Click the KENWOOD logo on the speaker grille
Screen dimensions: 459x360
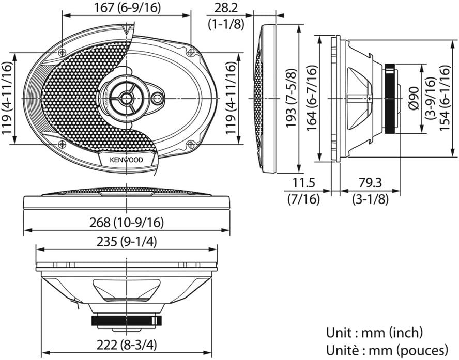pyautogui.click(x=127, y=160)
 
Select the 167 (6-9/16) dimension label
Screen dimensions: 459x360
pyautogui.click(x=127, y=8)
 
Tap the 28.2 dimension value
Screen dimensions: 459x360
pyautogui.click(x=226, y=8)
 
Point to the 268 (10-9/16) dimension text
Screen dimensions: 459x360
pyautogui.click(x=127, y=223)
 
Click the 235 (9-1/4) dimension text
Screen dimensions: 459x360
pyautogui.click(x=127, y=242)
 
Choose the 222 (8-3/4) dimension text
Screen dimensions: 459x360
pyautogui.click(x=127, y=346)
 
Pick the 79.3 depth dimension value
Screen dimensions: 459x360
pyautogui.click(x=370, y=183)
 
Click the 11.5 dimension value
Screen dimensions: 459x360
pyautogui.click(x=303, y=183)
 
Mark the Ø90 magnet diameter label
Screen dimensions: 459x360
pyautogui.click(x=414, y=98)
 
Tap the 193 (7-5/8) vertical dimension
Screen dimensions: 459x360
pyautogui.click(x=291, y=98)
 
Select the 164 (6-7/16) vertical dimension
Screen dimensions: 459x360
pyautogui.click(x=312, y=98)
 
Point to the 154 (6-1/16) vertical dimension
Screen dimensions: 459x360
pyautogui.click(x=444, y=98)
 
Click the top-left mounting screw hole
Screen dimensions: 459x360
pyautogui.click(x=62, y=53)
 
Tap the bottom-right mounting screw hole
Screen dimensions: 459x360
pyautogui.click(x=191, y=144)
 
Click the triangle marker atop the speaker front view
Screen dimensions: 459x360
pyautogui.click(x=127, y=28)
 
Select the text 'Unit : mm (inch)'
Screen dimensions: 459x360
pyautogui.click(x=374, y=333)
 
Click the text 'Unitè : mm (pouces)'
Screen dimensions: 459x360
pyautogui.click(x=387, y=350)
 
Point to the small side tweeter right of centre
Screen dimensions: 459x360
pyautogui.click(x=158, y=98)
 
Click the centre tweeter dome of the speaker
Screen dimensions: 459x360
pyautogui.click(x=127, y=97)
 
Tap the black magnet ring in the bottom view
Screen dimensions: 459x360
pyautogui.click(x=127, y=321)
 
